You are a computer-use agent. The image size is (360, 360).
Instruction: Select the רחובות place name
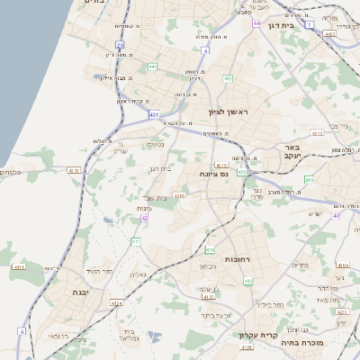236,259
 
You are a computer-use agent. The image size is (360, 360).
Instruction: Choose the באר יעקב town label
302,150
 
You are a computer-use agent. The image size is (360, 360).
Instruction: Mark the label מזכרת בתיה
315,342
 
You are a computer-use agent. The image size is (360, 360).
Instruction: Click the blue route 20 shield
120,43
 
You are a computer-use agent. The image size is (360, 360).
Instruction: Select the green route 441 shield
152,67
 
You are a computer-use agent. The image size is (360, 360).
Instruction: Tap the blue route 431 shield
155,114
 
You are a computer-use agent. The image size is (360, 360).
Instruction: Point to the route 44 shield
256,22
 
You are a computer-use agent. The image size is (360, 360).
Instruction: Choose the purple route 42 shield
144,218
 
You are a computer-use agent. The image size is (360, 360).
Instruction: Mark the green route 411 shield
136,242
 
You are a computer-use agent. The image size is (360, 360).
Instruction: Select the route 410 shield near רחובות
210,249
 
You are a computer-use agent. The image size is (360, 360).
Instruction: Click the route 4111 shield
20,267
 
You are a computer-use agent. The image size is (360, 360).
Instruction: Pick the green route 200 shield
308,180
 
